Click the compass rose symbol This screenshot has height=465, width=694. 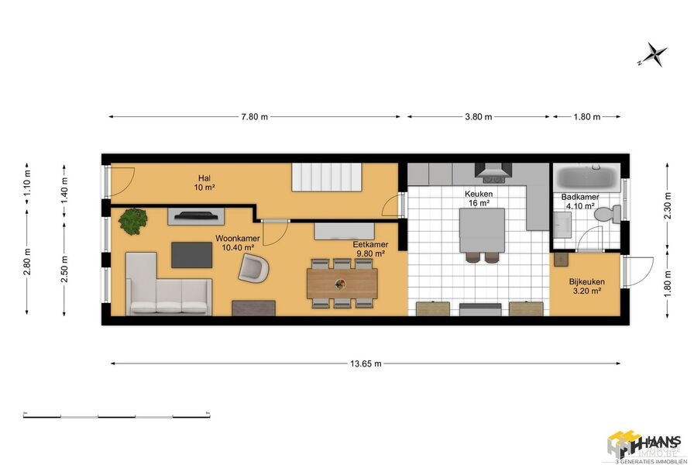pyautogui.click(x=655, y=54)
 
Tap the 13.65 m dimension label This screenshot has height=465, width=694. pyautogui.click(x=365, y=363)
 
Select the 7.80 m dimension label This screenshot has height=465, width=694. pyautogui.click(x=253, y=117)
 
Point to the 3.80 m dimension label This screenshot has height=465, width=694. pyautogui.click(x=478, y=117)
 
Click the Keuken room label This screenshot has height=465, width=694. pyautogui.click(x=479, y=198)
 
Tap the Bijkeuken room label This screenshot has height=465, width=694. pyautogui.click(x=586, y=286)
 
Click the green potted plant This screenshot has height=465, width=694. pyautogui.click(x=133, y=221)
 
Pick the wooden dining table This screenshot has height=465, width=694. pyautogui.click(x=342, y=284)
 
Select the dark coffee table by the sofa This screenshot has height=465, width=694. pyautogui.click(x=191, y=254)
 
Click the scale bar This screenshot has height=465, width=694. pyautogui.click(x=118, y=415)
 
